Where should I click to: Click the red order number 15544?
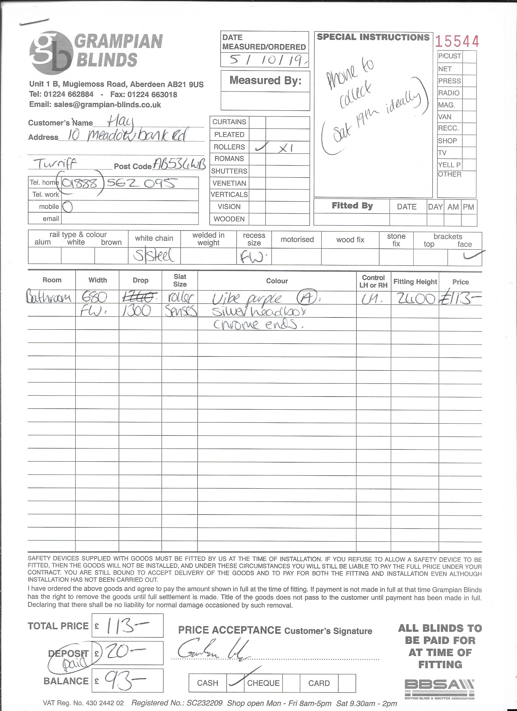click(x=457, y=41)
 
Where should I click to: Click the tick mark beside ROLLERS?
click(x=261, y=147)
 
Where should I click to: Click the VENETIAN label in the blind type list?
click(x=229, y=183)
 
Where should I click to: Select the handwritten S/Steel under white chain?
click(x=154, y=256)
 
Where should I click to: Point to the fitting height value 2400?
click(x=416, y=299)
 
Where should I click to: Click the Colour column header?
click(x=277, y=281)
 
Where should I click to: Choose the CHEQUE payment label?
click(x=263, y=683)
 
